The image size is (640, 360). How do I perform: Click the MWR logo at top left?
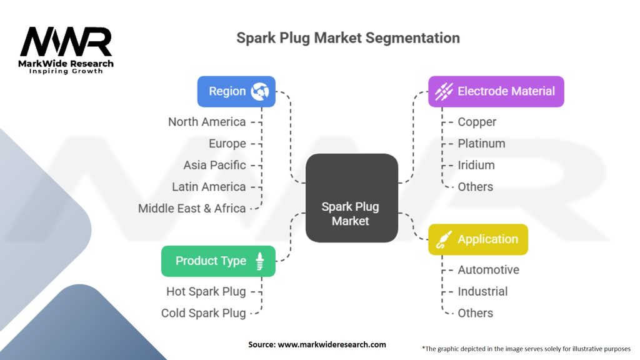[x=66, y=50]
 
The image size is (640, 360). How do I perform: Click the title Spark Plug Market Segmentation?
[x=348, y=38]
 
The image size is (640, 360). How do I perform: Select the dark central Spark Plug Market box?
[x=351, y=198]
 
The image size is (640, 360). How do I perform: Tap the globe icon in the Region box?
[x=260, y=91]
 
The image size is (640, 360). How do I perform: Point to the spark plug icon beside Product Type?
[x=259, y=261]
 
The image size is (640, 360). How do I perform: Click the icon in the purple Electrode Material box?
[x=444, y=91]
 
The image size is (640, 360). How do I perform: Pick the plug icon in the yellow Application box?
[x=444, y=239]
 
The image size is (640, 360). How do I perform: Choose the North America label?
[x=207, y=122]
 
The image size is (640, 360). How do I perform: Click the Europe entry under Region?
[x=227, y=144]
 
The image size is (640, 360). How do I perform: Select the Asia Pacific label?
[x=215, y=165]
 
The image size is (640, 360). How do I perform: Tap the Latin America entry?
[x=209, y=186]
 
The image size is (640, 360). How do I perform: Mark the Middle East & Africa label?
[x=192, y=208]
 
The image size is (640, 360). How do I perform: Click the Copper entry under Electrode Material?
[x=477, y=122]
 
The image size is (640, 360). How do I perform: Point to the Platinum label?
[x=482, y=143]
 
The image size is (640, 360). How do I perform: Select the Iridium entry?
[x=476, y=165]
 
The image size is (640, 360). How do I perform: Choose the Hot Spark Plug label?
[x=206, y=291]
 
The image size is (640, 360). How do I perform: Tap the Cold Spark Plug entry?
[x=204, y=313]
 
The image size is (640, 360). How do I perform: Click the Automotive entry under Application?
[x=489, y=270]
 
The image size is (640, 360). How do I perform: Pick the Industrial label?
[x=483, y=291]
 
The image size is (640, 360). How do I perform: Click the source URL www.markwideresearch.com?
[x=332, y=344]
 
